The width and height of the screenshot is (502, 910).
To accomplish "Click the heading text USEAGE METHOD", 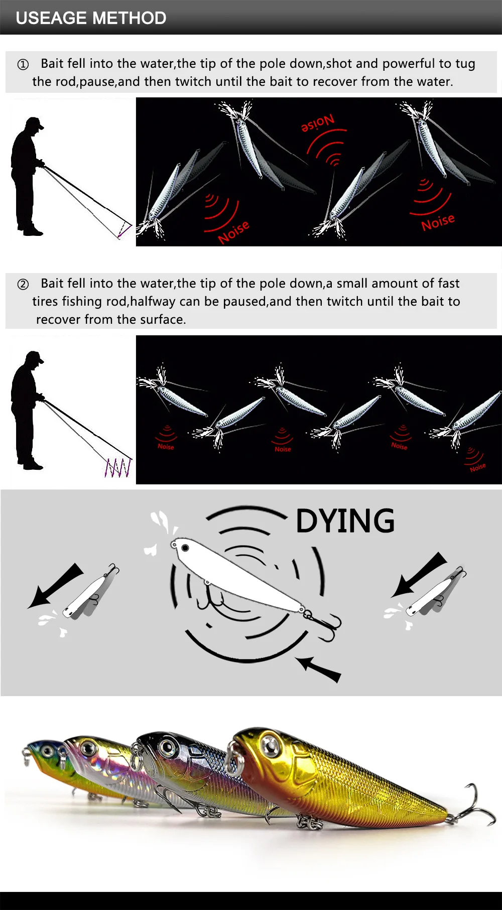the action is tap(91, 18).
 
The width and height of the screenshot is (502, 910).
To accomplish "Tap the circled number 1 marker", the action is tap(23, 64).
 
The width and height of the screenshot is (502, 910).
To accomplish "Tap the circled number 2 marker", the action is tap(23, 284).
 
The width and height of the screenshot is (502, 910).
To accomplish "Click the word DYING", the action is tap(345, 521).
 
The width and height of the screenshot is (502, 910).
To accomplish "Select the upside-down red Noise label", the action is tap(317, 123).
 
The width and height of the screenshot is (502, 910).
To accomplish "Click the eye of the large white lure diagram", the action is tap(185, 547).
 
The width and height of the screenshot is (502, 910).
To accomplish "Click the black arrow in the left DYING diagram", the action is tap(55, 585).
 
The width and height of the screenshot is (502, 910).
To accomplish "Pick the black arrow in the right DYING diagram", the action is tap(419, 575).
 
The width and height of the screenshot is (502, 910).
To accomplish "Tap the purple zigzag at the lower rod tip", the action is tap(119, 468).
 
